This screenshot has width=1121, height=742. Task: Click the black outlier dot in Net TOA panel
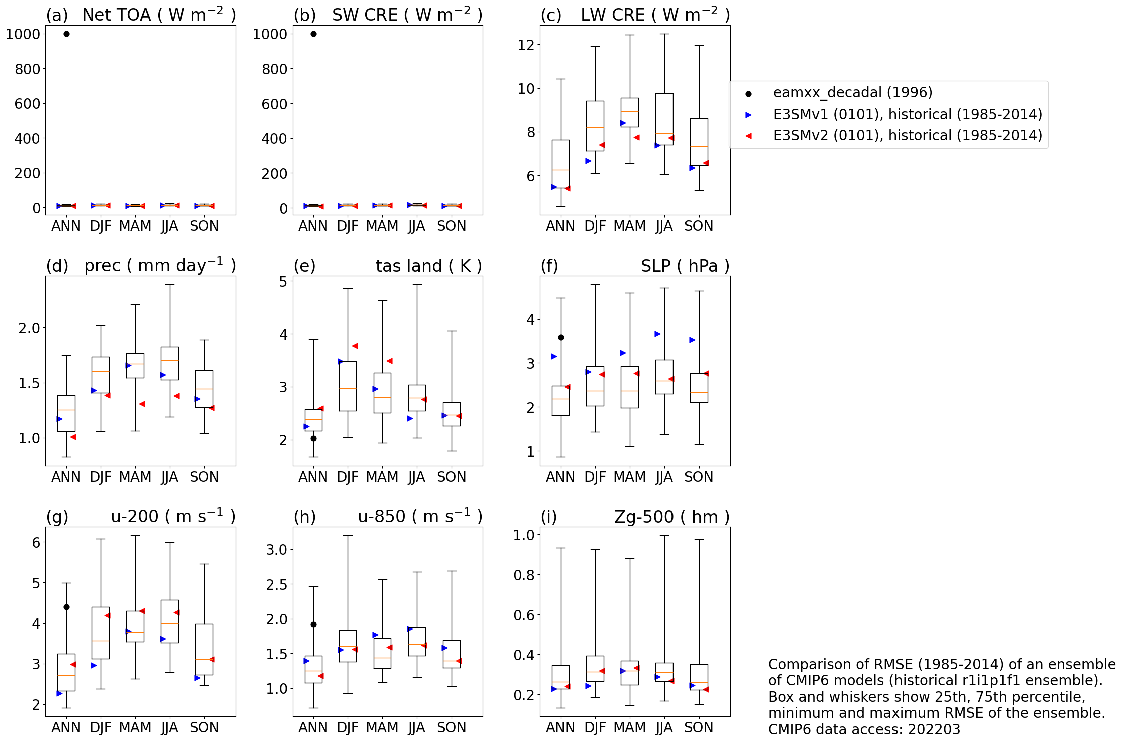click(x=66, y=34)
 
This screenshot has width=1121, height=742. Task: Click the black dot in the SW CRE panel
click(x=313, y=34)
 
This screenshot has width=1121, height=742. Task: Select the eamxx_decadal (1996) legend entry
click(x=852, y=93)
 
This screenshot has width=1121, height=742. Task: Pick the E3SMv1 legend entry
click(x=907, y=114)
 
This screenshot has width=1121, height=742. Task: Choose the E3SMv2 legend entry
click(x=907, y=136)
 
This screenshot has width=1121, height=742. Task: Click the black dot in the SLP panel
click(x=561, y=338)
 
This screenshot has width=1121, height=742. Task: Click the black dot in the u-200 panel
click(x=66, y=607)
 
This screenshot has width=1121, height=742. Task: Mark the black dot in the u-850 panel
click(x=313, y=624)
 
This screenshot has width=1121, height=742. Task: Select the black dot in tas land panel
click(x=313, y=438)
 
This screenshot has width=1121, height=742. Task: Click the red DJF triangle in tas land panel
click(x=355, y=346)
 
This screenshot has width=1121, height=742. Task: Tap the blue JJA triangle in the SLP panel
click(x=657, y=334)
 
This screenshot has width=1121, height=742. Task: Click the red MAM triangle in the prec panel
click(x=142, y=404)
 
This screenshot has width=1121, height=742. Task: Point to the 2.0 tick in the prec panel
click(x=29, y=328)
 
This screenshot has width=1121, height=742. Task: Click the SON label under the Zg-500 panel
click(x=699, y=727)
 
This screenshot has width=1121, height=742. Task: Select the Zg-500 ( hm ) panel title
click(x=671, y=517)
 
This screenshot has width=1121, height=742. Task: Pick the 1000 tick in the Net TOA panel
click(x=23, y=34)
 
